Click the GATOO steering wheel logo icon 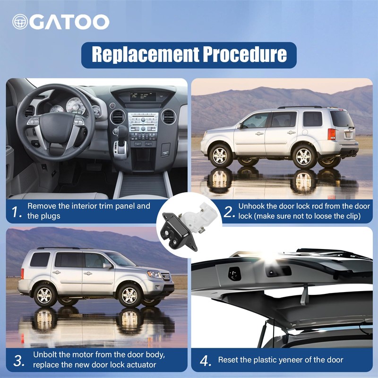point(20,22)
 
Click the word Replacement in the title point(146,54)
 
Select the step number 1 point(16,212)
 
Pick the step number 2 point(229,212)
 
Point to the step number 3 point(19,361)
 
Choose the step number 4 point(205,361)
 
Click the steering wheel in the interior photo point(55,122)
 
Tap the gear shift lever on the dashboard point(122,142)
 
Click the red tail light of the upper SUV point(332,134)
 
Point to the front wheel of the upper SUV point(220,156)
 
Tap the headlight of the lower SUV point(155,275)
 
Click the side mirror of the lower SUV point(108,266)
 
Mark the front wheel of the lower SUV point(129,296)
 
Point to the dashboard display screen point(143,96)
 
